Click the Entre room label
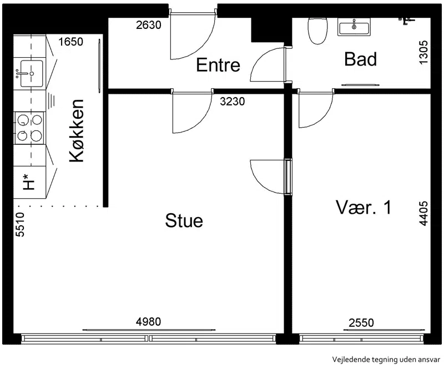point(218,65)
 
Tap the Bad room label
point(360,59)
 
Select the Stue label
point(184,220)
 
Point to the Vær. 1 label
point(364,207)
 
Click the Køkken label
point(77,130)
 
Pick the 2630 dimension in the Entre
point(149,25)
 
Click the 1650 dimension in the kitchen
point(71,42)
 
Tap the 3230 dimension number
point(232,101)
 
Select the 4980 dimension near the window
point(148,321)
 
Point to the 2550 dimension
point(361,322)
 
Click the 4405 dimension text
point(423,214)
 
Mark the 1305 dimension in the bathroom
point(423,53)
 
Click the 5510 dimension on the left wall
point(20,224)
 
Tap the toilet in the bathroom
point(317,31)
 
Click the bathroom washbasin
point(354,27)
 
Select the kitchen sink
point(31,74)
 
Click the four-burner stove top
point(29,128)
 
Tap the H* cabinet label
point(29,182)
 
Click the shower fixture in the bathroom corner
point(407,20)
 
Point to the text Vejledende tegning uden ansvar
point(386,360)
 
